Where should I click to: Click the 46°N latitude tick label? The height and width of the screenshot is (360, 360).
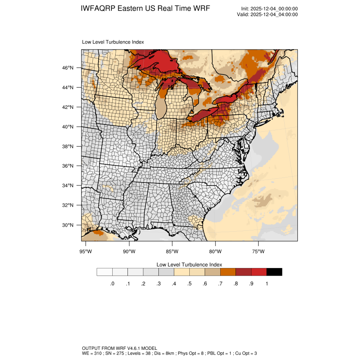tap(68, 68)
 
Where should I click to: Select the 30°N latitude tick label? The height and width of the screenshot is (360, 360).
tap(68, 225)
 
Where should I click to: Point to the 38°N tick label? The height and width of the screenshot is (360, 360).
tap(68, 147)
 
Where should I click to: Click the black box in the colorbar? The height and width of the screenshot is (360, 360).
tap(274, 272)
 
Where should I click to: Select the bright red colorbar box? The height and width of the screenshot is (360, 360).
tap(259, 272)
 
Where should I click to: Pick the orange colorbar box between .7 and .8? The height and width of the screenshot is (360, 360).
tap(228, 272)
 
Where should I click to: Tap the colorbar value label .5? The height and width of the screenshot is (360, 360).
tap(189, 284)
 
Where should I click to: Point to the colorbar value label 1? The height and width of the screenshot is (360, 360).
tap(266, 284)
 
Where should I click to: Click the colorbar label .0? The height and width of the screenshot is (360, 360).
tap(112, 284)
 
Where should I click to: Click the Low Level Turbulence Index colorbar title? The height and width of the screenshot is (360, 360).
tap(189, 264)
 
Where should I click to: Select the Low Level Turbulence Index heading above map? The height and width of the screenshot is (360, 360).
tap(113, 42)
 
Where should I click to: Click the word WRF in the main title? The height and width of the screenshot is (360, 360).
tap(201, 9)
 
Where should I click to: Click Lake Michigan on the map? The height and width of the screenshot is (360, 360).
tap(161, 106)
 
